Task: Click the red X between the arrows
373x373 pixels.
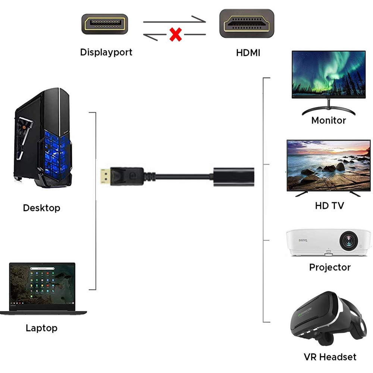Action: tap(176, 34)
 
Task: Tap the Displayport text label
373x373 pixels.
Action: tap(106, 52)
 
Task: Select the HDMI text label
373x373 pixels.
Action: tap(248, 53)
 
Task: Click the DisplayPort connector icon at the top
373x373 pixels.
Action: tap(105, 24)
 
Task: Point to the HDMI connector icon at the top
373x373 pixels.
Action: tap(247, 23)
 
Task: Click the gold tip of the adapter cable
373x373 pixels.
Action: tap(105, 176)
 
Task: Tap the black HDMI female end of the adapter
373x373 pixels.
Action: tap(233, 177)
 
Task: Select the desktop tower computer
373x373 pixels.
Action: tap(43, 138)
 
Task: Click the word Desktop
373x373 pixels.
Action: tap(42, 208)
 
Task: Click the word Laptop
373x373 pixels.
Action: tap(42, 328)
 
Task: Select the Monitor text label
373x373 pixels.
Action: tap(329, 120)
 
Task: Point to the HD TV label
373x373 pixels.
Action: tap(329, 206)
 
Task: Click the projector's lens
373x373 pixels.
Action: tap(349, 241)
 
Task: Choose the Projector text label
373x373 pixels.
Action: tap(330, 267)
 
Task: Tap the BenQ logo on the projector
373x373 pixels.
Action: tap(303, 240)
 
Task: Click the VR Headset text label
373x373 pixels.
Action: tap(330, 357)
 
